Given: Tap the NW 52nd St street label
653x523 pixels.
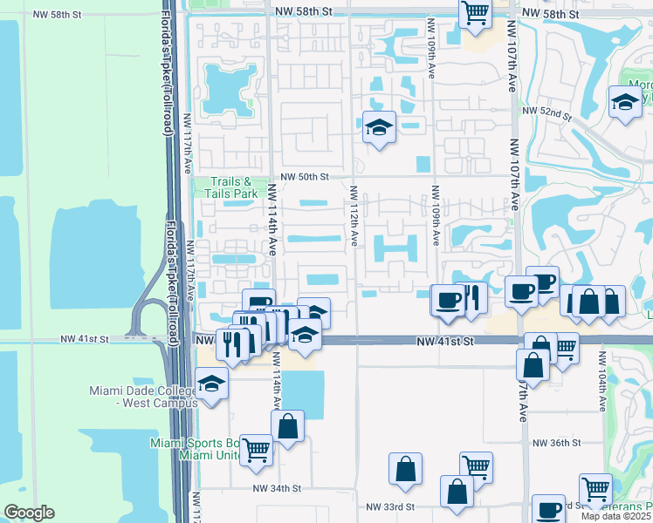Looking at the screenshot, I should [546, 112].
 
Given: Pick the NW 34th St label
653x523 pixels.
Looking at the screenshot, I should [277, 489].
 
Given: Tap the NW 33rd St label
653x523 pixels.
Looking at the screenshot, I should [389, 506].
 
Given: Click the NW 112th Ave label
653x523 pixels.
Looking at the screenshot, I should [355, 215].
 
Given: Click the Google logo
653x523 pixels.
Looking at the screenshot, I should [29, 513].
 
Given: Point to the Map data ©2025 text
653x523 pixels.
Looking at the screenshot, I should [616, 516].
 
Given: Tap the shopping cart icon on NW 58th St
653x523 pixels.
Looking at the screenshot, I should [475, 13].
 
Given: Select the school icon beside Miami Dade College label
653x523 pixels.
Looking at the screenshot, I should [211, 384].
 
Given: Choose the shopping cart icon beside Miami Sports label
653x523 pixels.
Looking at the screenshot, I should [257, 450].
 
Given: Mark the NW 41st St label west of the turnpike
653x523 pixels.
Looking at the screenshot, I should [86, 338].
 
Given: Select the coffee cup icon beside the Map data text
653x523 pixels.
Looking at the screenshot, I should [549, 510].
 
